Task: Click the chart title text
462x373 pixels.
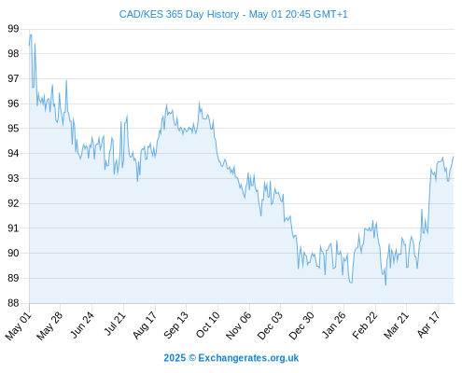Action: point(233,14)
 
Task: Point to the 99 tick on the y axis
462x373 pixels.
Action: point(13,29)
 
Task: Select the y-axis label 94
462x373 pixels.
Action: point(13,154)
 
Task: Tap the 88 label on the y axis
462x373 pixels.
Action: point(13,303)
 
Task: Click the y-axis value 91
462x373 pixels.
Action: point(13,228)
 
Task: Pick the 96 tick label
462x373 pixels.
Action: point(13,104)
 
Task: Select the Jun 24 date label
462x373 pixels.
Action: point(81,325)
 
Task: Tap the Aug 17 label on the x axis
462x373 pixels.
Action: point(145,325)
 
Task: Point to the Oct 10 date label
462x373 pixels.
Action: point(207,325)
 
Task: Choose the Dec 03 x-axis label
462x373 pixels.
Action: point(270,325)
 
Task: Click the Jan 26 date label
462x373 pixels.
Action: point(333,325)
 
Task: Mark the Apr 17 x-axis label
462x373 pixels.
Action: point(428,325)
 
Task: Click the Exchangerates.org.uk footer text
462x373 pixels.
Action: point(248,358)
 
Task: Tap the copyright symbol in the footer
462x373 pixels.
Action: point(192,358)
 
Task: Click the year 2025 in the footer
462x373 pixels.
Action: point(175,358)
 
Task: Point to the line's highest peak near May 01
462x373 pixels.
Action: point(31,35)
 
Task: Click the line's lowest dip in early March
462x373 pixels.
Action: point(385,284)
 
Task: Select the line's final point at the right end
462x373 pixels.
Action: point(454,157)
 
